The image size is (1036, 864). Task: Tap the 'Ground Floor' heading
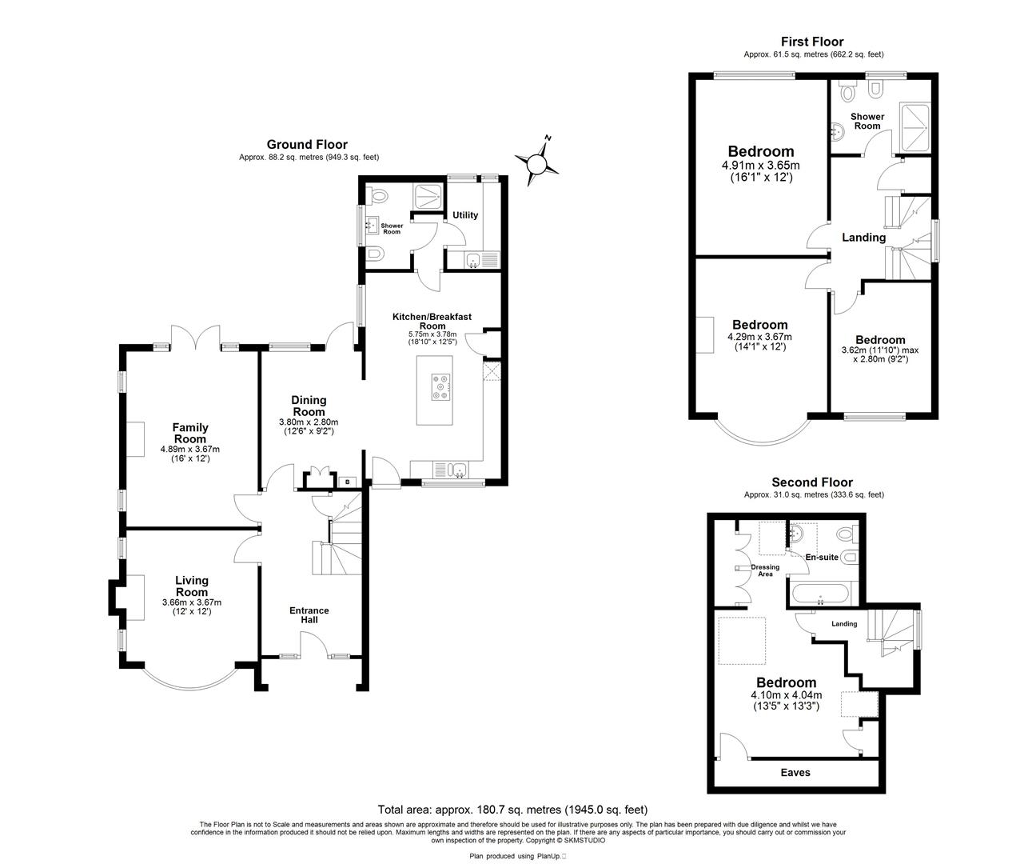(x=307, y=145)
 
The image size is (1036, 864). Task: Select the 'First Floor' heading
(x=811, y=42)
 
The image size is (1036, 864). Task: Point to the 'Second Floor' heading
(x=811, y=482)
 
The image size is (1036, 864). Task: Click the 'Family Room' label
(x=190, y=433)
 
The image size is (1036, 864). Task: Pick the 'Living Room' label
(x=191, y=586)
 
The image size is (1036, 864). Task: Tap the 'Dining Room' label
(x=308, y=406)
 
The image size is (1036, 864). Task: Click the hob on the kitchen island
(x=439, y=386)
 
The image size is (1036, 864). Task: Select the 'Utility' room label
(x=465, y=215)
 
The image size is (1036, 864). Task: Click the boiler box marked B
(x=347, y=482)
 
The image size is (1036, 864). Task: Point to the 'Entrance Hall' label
(x=309, y=615)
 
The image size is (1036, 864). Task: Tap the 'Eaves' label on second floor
(x=795, y=772)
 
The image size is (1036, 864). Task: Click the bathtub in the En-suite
(x=822, y=594)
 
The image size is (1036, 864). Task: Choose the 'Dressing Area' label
(x=765, y=570)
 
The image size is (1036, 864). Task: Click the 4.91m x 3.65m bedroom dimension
(x=760, y=166)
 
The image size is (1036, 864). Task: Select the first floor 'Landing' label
(x=863, y=238)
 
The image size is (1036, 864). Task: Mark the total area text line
(x=512, y=810)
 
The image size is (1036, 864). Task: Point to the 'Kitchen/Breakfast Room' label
(x=432, y=322)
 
